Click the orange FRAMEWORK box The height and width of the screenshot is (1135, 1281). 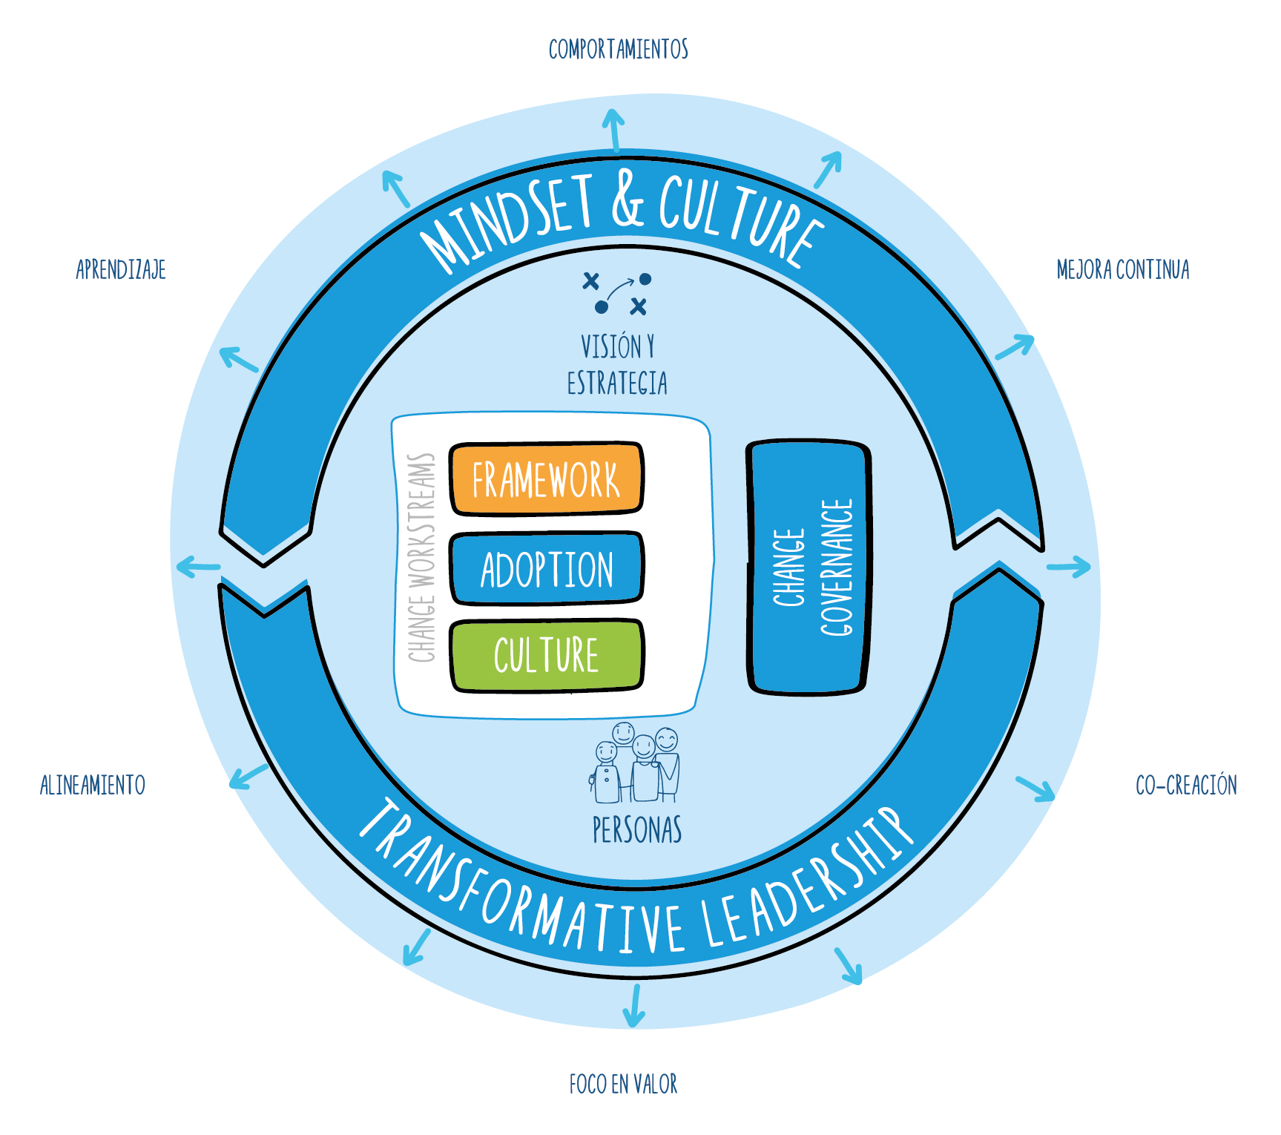click(x=546, y=479)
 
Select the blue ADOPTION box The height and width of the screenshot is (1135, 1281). click(x=546, y=568)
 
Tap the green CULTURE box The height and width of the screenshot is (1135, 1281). click(x=546, y=655)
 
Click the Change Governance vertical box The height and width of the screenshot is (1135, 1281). click(x=809, y=567)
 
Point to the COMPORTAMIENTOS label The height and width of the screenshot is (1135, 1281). click(x=618, y=50)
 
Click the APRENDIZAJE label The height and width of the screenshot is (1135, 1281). click(x=121, y=269)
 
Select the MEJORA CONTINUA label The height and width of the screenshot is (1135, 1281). click(x=1122, y=269)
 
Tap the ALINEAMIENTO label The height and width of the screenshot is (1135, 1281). click(x=93, y=785)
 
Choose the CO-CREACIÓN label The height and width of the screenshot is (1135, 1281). click(x=1186, y=785)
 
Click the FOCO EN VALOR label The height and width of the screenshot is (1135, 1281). click(x=623, y=1085)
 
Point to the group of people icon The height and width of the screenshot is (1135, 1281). click(x=636, y=764)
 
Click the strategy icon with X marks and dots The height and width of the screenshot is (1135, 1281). click(x=616, y=294)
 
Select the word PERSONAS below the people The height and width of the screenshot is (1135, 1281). click(x=636, y=830)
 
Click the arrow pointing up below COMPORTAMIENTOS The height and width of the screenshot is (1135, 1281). click(x=613, y=130)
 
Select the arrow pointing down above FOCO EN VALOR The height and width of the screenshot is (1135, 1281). click(x=634, y=1005)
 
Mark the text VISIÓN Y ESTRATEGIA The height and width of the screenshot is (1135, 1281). click(x=617, y=365)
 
